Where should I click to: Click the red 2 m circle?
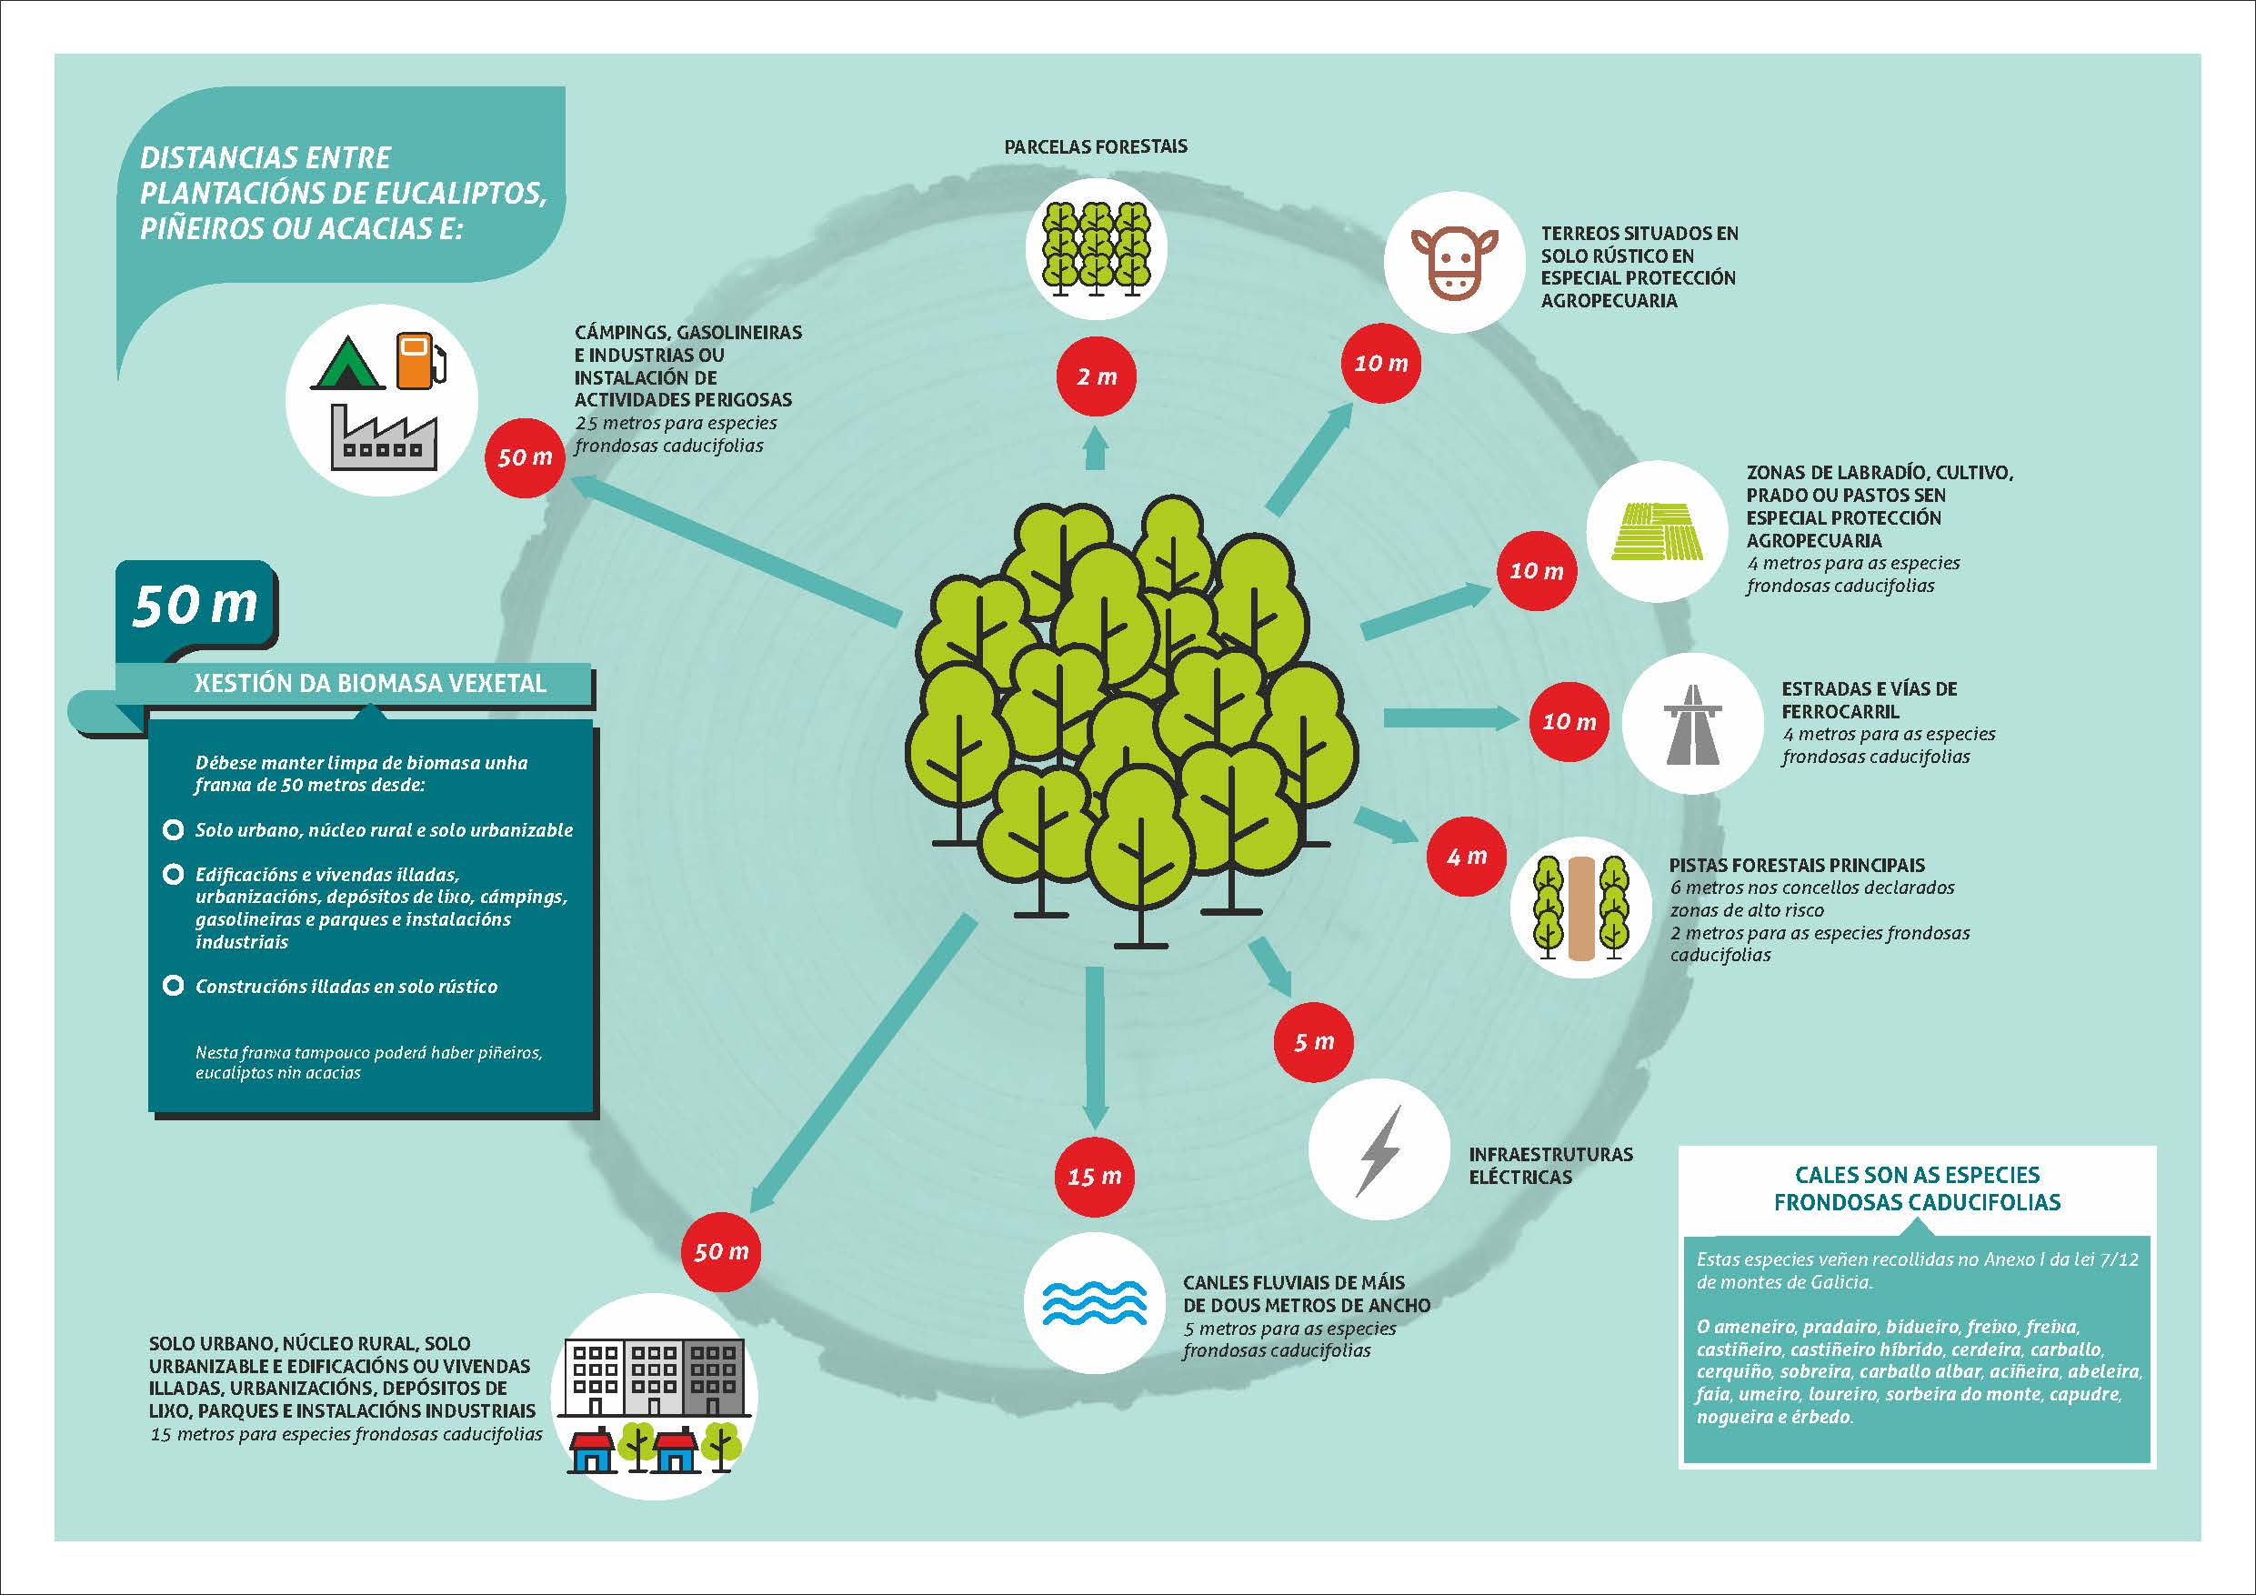click(x=1096, y=376)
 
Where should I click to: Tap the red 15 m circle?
click(x=1094, y=1177)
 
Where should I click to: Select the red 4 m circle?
click(x=1466, y=856)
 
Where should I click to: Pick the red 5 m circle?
click(x=1314, y=1042)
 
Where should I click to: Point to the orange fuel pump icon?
click(x=420, y=360)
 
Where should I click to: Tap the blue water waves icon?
click(x=1094, y=1303)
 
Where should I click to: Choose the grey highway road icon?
click(x=1692, y=726)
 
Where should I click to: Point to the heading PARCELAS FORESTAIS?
click(x=1096, y=146)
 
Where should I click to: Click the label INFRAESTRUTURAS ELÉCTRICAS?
click(x=1550, y=1166)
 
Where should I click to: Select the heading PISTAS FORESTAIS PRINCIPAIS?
click(x=1797, y=866)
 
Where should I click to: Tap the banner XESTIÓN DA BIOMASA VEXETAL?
click(x=369, y=683)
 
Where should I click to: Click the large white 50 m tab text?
click(x=195, y=605)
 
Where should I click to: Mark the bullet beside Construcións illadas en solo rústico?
click(x=173, y=986)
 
